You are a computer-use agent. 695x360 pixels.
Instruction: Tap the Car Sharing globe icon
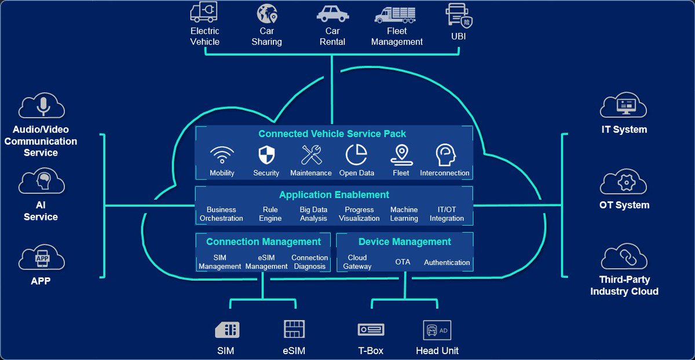[267, 13]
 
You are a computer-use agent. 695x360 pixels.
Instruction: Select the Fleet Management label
[397, 36]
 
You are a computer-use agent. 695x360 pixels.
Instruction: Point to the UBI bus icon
[459, 14]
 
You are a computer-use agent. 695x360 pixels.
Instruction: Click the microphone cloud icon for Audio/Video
[42, 106]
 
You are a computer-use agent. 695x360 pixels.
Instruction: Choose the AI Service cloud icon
[41, 181]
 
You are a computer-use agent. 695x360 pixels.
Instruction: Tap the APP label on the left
[41, 281]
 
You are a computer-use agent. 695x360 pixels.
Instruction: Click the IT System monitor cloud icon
[624, 106]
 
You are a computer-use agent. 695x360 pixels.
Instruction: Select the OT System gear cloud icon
[624, 182]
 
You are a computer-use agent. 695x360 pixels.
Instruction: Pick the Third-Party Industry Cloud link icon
[624, 256]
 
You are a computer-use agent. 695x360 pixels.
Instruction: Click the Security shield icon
[266, 155]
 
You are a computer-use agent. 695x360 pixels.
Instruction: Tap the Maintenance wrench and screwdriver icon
[311, 155]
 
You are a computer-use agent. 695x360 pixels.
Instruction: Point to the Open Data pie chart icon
[357, 155]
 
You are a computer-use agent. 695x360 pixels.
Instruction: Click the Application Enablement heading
[334, 195]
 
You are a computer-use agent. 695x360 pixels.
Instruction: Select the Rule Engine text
[270, 214]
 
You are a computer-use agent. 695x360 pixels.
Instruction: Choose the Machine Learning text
[404, 214]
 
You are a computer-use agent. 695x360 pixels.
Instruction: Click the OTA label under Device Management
[403, 262]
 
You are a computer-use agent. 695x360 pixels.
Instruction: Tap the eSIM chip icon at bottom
[294, 329]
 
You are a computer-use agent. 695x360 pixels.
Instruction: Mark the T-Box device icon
[371, 329]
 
